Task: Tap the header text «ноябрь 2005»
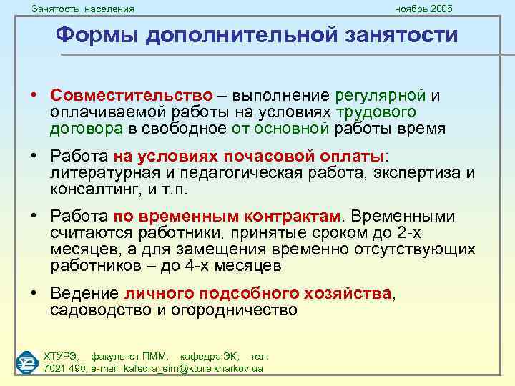click(423, 9)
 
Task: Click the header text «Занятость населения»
click(83, 9)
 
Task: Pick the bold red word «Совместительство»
click(131, 96)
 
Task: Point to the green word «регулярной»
click(379, 96)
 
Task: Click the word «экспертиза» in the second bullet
click(409, 172)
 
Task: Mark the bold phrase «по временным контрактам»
click(227, 217)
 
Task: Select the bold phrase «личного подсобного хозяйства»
click(258, 294)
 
